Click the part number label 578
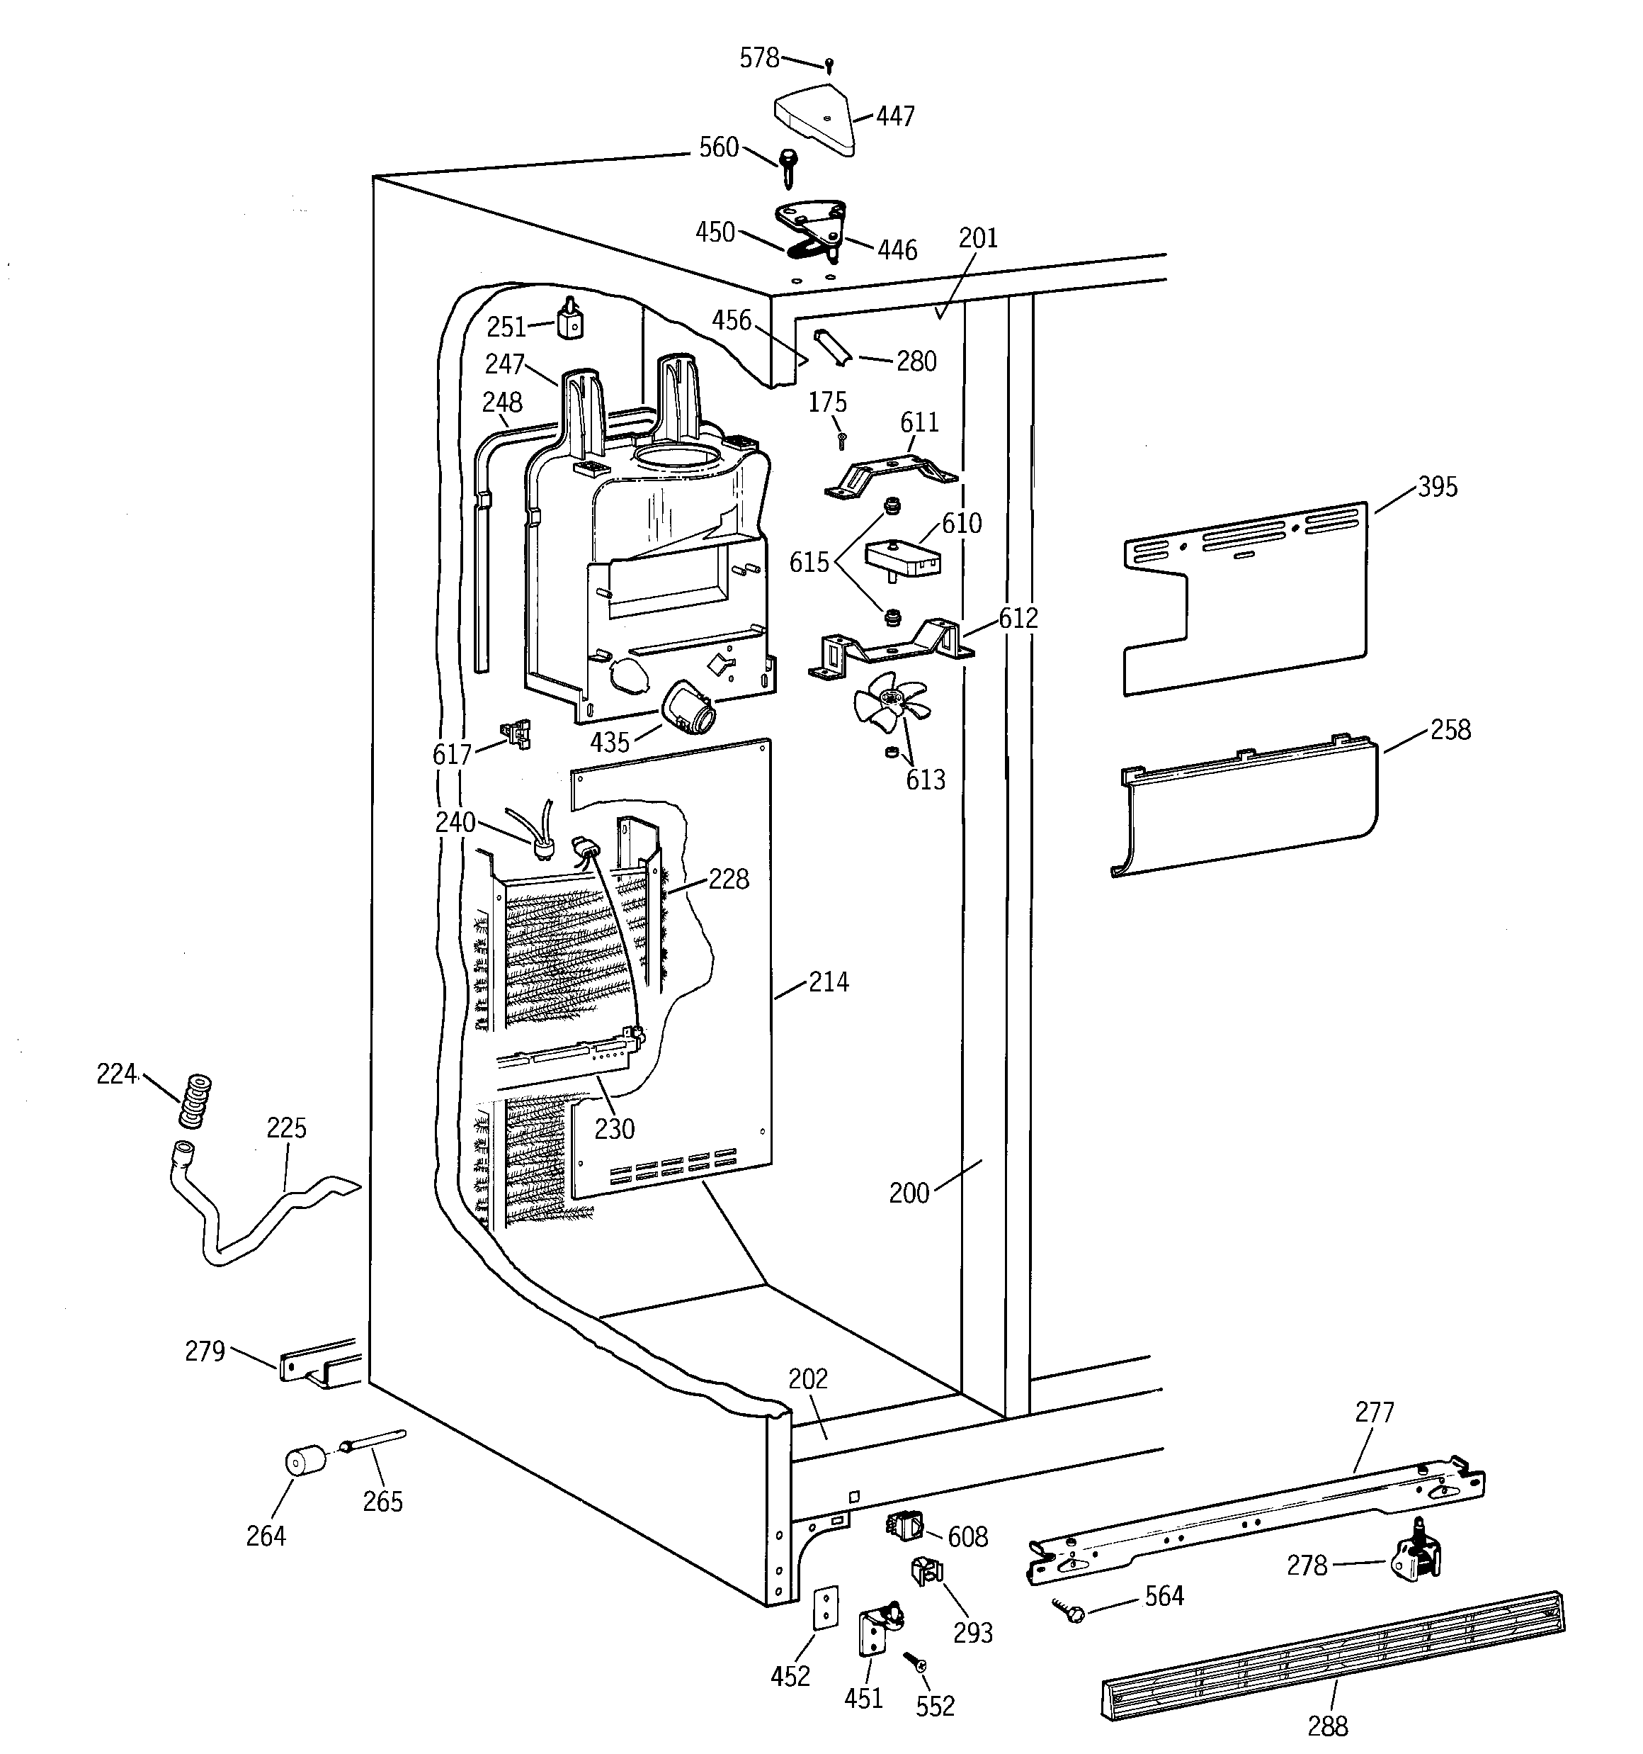tap(758, 58)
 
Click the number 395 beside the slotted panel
tap(1438, 487)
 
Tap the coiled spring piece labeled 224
tap(195, 1101)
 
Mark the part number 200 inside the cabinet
tap(909, 1193)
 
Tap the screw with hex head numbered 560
tap(788, 167)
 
